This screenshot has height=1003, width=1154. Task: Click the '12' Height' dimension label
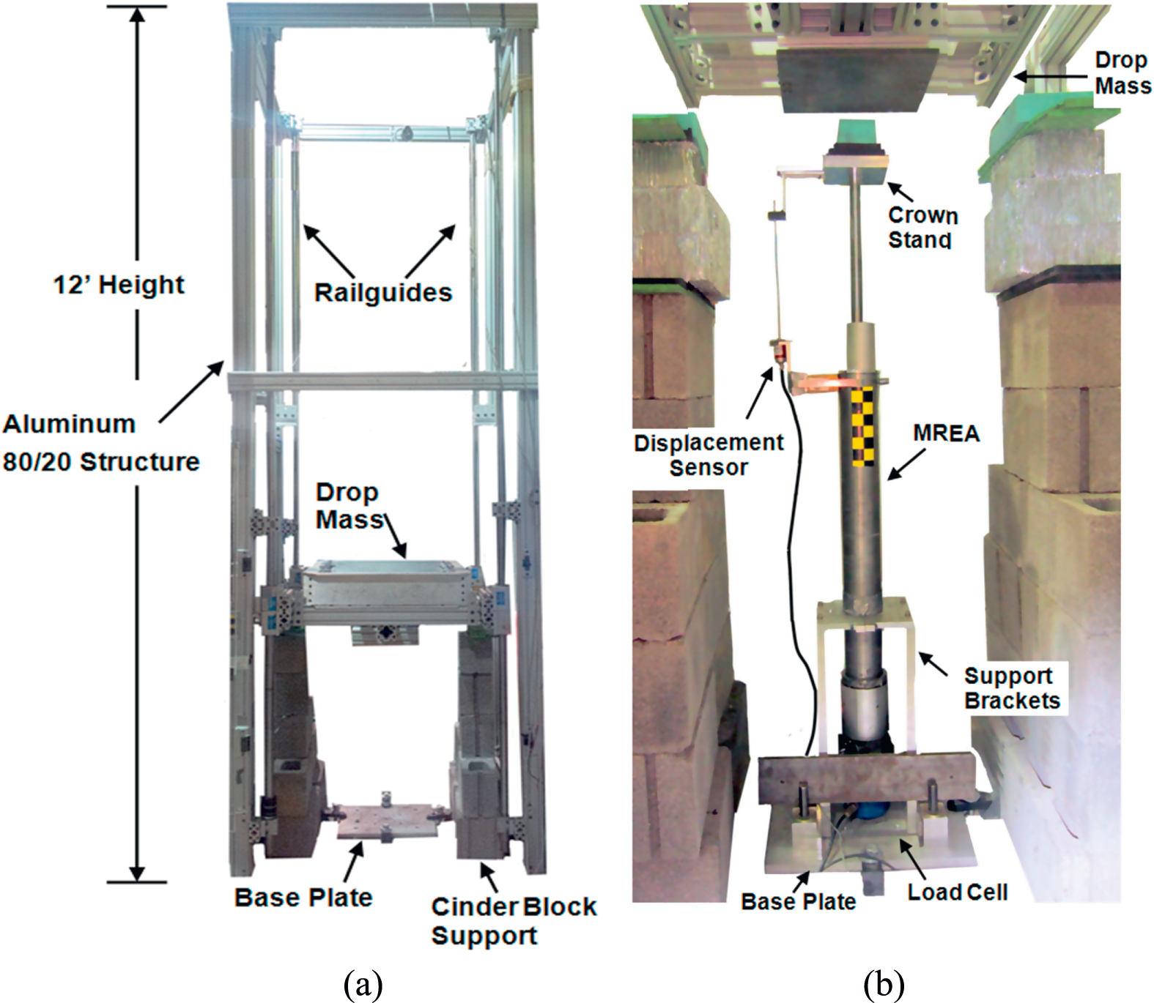click(x=119, y=285)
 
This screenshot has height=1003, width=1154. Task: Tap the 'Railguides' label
click(x=382, y=293)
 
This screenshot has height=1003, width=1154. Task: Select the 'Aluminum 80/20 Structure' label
click(x=100, y=443)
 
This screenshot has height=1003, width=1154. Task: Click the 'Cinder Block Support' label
click(x=513, y=920)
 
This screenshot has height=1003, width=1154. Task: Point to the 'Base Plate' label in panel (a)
click(x=303, y=898)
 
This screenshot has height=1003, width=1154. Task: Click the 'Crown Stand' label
click(x=922, y=227)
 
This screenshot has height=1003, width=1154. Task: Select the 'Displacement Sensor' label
click(x=709, y=455)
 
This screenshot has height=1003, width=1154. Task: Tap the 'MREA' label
click(x=946, y=433)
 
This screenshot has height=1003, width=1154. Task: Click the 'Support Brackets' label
click(x=1012, y=688)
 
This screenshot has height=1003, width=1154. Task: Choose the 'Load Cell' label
click(x=957, y=892)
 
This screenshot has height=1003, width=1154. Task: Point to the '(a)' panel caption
click(x=363, y=985)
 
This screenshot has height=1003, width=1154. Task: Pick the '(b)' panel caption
click(x=883, y=985)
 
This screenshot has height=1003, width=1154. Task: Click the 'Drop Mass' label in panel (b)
click(x=1122, y=73)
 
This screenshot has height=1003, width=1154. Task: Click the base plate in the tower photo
click(x=387, y=821)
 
